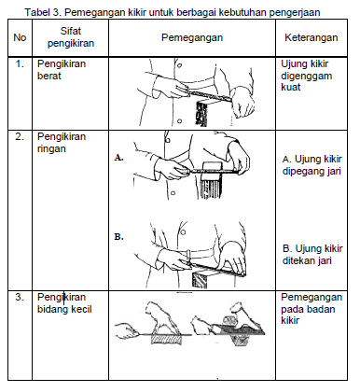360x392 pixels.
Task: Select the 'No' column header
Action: click(19, 37)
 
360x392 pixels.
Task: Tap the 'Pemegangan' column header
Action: click(193, 37)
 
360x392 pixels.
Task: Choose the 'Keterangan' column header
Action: click(312, 37)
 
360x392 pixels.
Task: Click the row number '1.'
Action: click(19, 63)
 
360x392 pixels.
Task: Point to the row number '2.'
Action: click(19, 137)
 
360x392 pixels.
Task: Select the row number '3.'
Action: click(19, 298)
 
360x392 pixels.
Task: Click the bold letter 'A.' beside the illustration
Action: click(118, 159)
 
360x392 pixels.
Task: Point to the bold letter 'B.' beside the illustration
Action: click(118, 238)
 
